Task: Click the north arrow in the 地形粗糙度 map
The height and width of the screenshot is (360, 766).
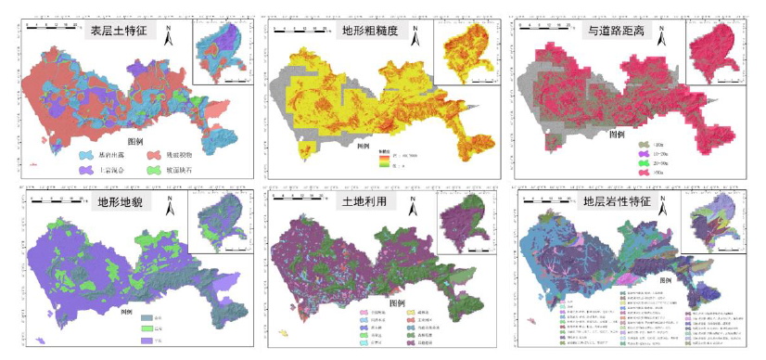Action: (x=415, y=34)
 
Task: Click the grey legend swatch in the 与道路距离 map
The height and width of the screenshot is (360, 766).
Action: (x=644, y=146)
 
